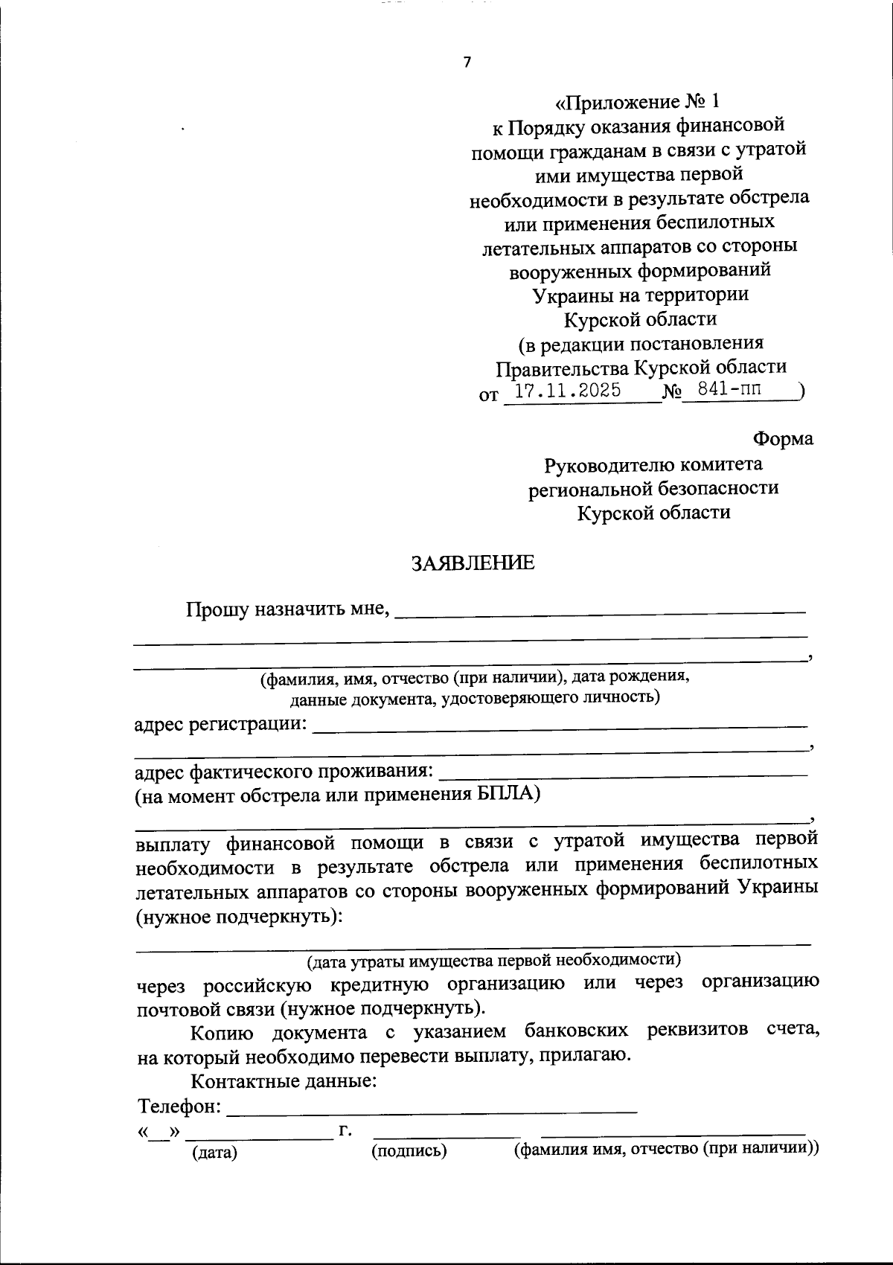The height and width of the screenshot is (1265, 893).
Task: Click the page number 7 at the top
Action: coord(467,63)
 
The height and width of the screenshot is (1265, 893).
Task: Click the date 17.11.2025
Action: coord(568,390)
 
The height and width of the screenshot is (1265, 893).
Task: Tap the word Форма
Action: coord(783,439)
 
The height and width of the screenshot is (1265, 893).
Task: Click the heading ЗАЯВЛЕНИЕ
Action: coord(473,563)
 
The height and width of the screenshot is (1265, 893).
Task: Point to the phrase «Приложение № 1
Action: coord(639,100)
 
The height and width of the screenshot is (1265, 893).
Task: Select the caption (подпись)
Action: coord(409,1151)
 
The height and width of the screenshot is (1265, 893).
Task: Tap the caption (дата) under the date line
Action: coord(214,1153)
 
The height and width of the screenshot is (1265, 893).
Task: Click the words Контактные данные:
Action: coord(284,1080)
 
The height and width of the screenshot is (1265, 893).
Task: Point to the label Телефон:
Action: coord(179,1107)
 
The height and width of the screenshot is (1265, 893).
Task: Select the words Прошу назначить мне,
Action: coord(288,610)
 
